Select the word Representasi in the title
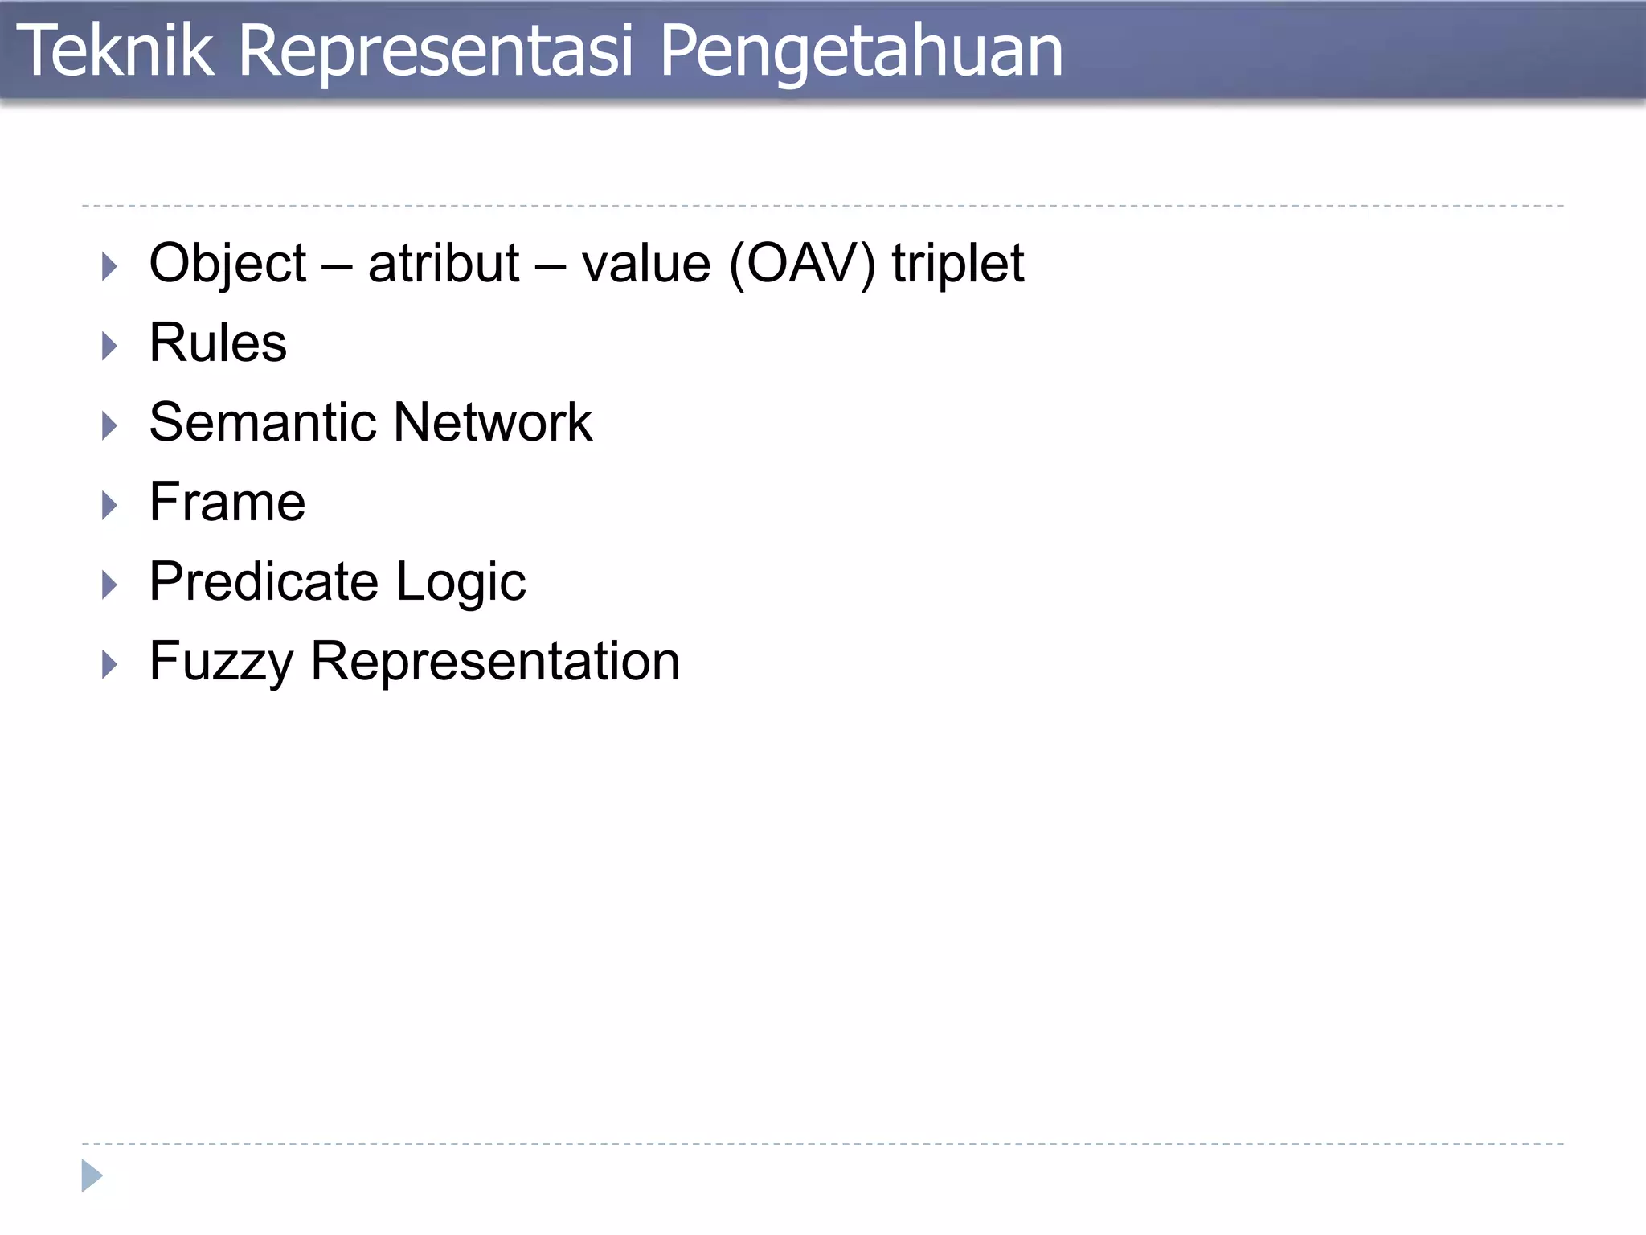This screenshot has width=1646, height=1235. [x=436, y=51]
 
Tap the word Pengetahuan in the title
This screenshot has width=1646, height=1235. [x=861, y=53]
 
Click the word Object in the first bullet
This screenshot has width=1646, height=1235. [x=227, y=264]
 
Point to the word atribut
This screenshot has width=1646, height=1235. [x=444, y=264]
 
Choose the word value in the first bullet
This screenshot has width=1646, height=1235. [x=646, y=264]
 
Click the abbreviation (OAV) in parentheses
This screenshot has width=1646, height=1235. [x=802, y=264]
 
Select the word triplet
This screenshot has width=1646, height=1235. [x=958, y=265]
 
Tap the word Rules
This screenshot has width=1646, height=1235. [x=218, y=343]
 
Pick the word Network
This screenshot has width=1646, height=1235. [x=493, y=423]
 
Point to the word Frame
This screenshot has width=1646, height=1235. [x=227, y=503]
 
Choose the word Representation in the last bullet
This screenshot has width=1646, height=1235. [x=495, y=662]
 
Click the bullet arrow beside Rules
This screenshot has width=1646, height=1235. [x=110, y=347]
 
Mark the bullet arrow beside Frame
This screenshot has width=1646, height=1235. [x=110, y=506]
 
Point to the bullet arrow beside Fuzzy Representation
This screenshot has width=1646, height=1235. [x=110, y=665]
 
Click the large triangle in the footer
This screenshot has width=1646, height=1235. [x=92, y=1176]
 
